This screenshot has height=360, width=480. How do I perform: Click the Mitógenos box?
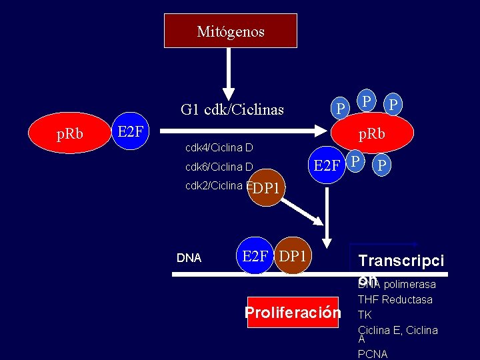(231, 31)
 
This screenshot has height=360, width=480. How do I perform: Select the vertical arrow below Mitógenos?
(229, 73)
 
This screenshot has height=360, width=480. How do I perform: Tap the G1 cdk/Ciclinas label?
(232, 109)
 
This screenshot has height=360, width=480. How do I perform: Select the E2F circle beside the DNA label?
(255, 256)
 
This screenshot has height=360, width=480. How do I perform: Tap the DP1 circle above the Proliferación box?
(293, 256)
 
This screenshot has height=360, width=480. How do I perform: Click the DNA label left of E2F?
(189, 258)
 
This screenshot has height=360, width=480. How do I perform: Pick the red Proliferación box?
(293, 313)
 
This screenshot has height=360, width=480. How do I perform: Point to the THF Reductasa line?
(395, 300)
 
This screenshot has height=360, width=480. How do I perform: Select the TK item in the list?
(365, 315)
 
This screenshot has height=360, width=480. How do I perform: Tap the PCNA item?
(373, 354)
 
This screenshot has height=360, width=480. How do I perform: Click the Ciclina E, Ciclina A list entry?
(397, 332)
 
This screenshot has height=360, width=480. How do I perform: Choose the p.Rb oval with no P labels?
(70, 134)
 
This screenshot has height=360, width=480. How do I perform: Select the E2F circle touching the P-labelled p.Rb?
(327, 164)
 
